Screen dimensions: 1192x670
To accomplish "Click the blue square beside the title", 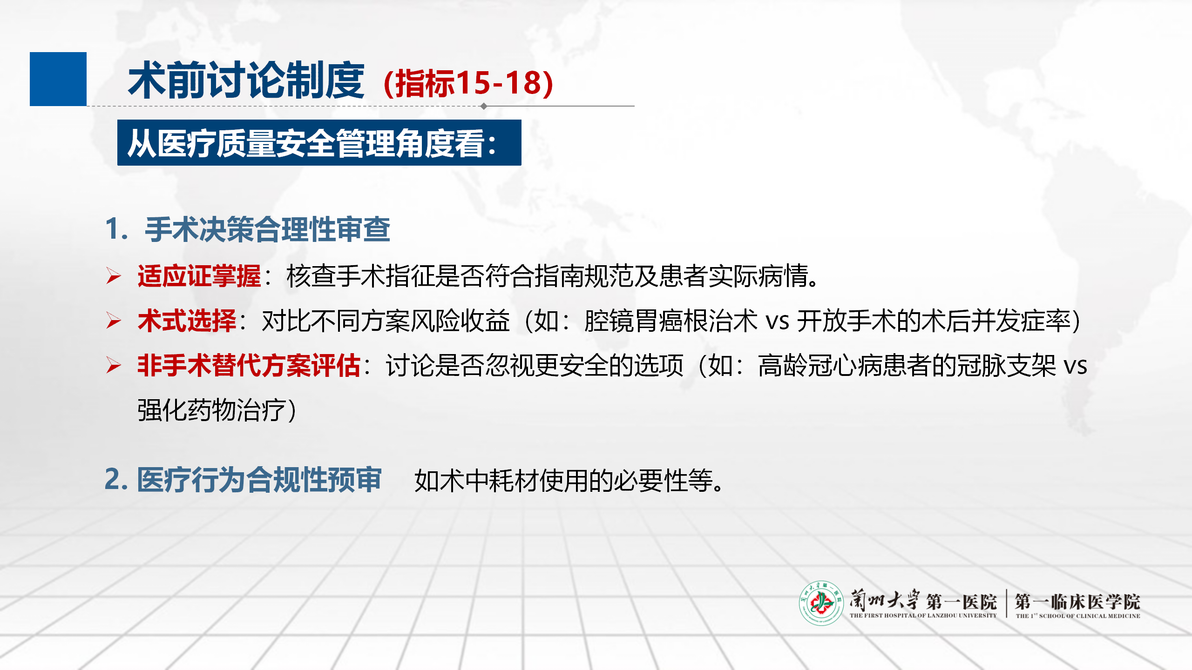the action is [x=58, y=79].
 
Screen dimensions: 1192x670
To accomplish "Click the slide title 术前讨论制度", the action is [x=246, y=80].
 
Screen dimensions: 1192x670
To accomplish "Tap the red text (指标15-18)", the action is [x=468, y=83].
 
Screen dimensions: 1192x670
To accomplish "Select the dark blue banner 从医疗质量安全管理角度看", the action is [x=319, y=142].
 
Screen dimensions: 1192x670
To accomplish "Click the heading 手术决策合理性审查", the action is [x=267, y=229].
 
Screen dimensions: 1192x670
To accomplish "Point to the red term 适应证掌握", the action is [x=199, y=276].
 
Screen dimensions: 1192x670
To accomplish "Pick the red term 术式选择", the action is [x=187, y=321].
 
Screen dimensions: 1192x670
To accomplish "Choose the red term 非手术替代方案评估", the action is [x=249, y=365].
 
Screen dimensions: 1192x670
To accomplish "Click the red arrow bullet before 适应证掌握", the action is [x=114, y=276].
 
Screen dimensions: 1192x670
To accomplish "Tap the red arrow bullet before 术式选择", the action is [x=114, y=321].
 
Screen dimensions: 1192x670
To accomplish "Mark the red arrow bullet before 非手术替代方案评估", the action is [x=114, y=365].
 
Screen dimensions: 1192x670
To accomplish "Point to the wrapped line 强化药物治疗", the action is [x=217, y=410].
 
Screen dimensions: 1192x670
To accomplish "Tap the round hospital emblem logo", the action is [x=821, y=603].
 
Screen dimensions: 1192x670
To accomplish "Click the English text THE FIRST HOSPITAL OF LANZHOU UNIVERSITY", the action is [x=923, y=616].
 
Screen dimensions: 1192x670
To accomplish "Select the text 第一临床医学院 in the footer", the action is [x=1077, y=602].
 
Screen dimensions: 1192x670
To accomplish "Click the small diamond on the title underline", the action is [x=484, y=106].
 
